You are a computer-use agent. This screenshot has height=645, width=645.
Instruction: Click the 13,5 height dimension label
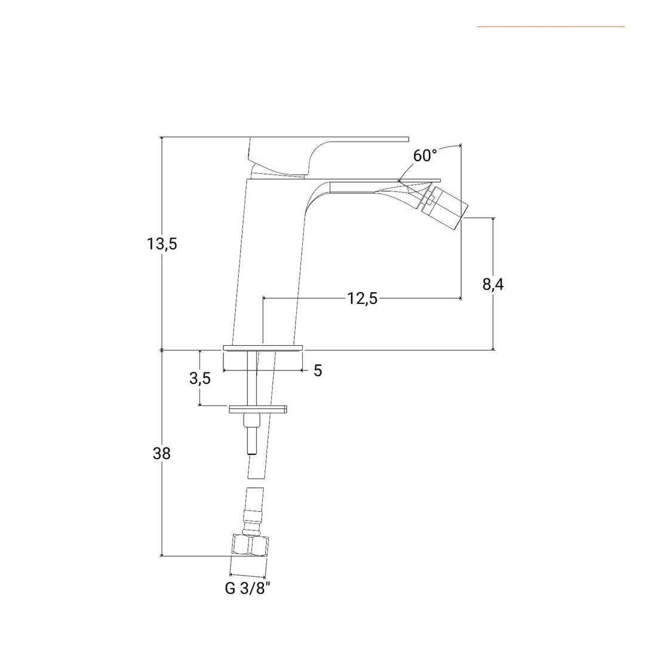pyautogui.click(x=162, y=244)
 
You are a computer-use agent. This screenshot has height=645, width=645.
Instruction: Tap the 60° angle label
pyautogui.click(x=425, y=155)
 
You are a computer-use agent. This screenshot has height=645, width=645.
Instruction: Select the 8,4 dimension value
pyautogui.click(x=493, y=284)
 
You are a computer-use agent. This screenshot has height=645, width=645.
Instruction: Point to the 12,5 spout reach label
pyautogui.click(x=363, y=298)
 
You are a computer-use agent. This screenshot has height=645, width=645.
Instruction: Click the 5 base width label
pyautogui.click(x=318, y=371)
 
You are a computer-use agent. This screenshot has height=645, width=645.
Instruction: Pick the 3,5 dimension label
pyautogui.click(x=200, y=379)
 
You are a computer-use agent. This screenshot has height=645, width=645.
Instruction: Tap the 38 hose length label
pyautogui.click(x=162, y=454)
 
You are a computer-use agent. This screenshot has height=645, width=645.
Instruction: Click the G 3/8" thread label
pyautogui.click(x=248, y=588)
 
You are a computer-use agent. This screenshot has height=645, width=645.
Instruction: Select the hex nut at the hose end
pyautogui.click(x=249, y=545)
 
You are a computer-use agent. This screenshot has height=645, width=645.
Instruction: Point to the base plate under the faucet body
pyautogui.click(x=263, y=348)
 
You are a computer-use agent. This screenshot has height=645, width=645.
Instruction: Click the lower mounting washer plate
pyautogui.click(x=258, y=409)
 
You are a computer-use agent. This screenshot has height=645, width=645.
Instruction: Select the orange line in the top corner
pyautogui.click(x=551, y=27)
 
